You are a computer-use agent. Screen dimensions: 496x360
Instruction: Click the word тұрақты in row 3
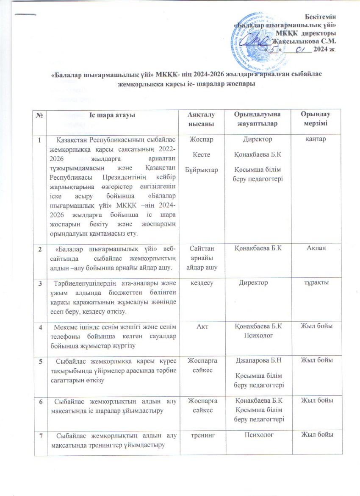coord(314,281)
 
